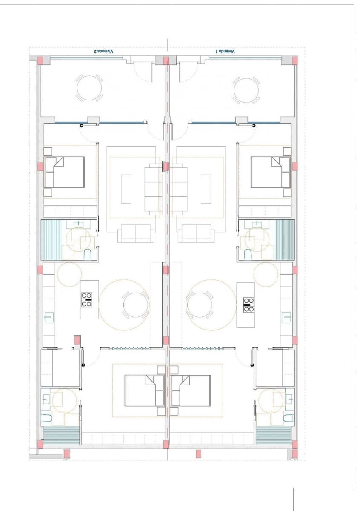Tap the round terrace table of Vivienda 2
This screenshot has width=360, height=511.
[x=89, y=88]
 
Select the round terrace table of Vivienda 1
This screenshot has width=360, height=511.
[x=246, y=89]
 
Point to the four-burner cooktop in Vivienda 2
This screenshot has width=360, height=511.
[x=87, y=300]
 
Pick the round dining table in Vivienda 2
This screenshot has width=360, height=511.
[x=136, y=305]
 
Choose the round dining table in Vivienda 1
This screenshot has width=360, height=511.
[x=200, y=305]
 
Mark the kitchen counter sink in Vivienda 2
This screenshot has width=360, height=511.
[x=49, y=317]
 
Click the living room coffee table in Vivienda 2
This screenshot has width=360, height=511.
[x=126, y=189]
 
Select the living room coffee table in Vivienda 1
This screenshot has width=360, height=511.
[x=206, y=189]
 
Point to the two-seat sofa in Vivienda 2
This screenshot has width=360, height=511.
[x=136, y=233]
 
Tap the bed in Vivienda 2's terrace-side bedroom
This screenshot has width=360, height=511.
[x=65, y=172]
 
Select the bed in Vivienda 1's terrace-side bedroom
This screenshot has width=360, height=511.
[x=271, y=172]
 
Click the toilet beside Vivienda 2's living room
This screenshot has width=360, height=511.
[x=88, y=255]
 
